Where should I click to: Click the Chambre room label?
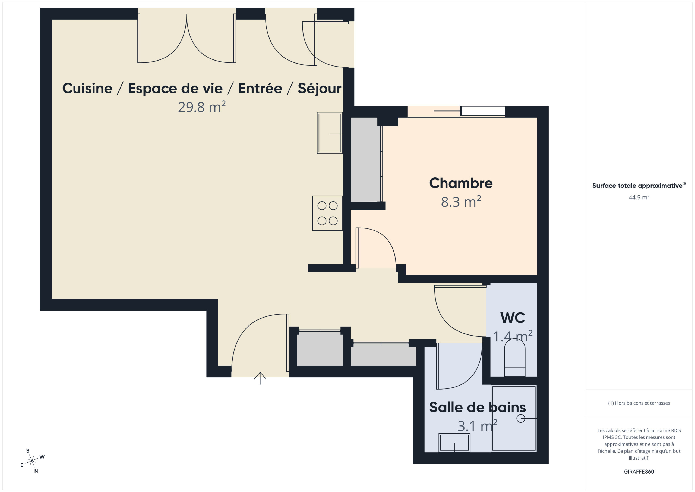(x=461, y=183)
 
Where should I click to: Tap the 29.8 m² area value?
(x=202, y=107)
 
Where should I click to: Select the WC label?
(x=513, y=318)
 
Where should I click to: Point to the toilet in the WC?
(x=514, y=357)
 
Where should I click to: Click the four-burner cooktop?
(x=327, y=213)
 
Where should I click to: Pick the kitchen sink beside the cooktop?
(x=330, y=133)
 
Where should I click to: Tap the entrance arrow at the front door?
(x=260, y=378)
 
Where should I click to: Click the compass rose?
(x=32, y=461)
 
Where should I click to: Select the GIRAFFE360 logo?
(x=639, y=472)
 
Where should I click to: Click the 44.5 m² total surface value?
(x=639, y=198)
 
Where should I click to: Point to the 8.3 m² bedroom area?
(x=461, y=202)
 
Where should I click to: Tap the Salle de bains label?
(x=477, y=408)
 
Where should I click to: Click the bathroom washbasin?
(x=454, y=443)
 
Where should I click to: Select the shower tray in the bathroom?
(x=514, y=418)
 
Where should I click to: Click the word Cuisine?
(x=87, y=89)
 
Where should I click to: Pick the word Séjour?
(x=319, y=89)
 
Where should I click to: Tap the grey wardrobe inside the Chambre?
(x=366, y=160)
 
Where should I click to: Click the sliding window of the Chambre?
(x=469, y=111)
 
